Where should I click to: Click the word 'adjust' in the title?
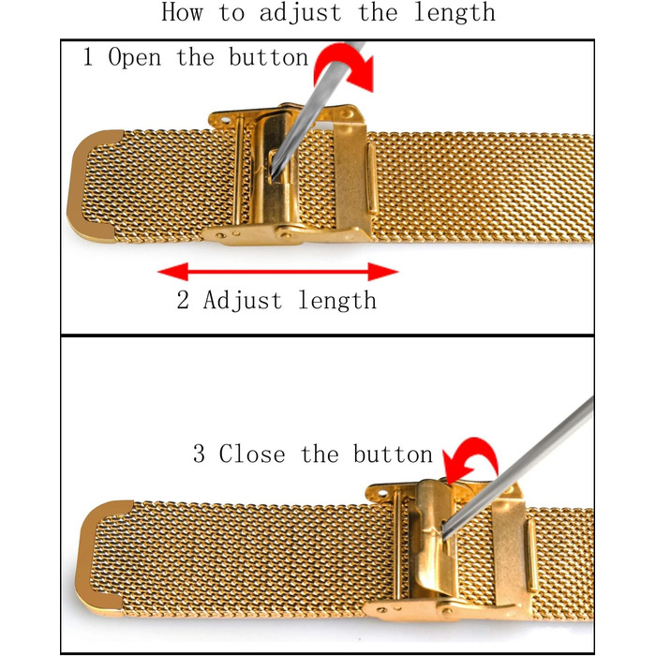point(301,13)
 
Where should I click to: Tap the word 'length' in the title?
point(455,12)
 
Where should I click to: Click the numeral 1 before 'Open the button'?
point(88,56)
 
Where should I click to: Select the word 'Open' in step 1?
point(134,57)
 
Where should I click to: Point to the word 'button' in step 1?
point(268,56)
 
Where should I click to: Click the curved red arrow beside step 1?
point(344,67)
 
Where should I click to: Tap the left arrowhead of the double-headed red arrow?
point(172,272)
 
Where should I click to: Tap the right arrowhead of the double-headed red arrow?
point(383,272)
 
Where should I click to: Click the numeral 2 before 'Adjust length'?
point(183,300)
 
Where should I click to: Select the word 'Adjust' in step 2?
point(243,301)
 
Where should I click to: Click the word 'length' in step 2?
point(337,301)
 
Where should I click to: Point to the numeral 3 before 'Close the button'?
point(199,454)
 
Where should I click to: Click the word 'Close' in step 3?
point(252,454)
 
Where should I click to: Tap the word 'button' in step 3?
point(393,454)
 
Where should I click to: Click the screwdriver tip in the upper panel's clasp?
point(273,180)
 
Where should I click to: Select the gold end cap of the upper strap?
point(94,186)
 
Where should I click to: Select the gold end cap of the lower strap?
point(104,559)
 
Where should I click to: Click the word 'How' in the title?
point(183,12)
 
